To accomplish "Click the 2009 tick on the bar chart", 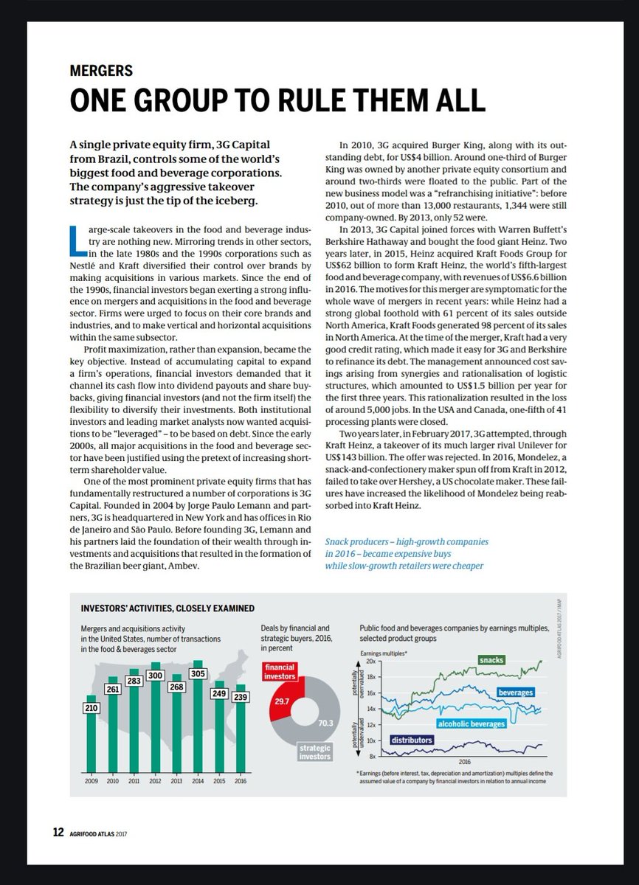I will pyautogui.click(x=91, y=780).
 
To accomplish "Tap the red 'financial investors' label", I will pyautogui.click(x=280, y=670).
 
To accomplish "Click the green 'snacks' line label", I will pyautogui.click(x=491, y=659).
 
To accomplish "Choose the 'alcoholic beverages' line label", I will pyautogui.click(x=472, y=724).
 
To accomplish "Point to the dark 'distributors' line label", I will pyautogui.click(x=412, y=740).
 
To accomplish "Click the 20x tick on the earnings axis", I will pyautogui.click(x=370, y=662).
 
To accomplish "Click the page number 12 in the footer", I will pyautogui.click(x=58, y=833).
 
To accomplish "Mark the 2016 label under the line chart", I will pyautogui.click(x=465, y=761).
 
